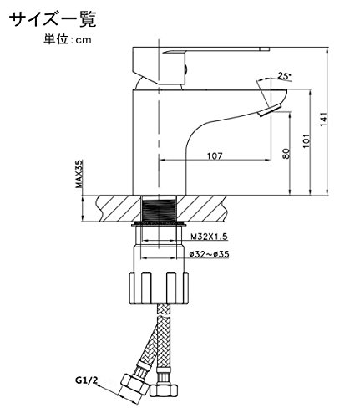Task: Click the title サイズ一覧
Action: [53, 20]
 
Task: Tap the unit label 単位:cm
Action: [68, 39]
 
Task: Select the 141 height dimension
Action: [323, 120]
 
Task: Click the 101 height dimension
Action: [307, 141]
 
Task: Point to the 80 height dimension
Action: [286, 154]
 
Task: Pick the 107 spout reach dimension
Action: [215, 156]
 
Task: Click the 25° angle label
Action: [284, 76]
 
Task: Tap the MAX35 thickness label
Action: [80, 174]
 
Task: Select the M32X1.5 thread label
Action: [209, 237]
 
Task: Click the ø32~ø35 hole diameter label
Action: [209, 254]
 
